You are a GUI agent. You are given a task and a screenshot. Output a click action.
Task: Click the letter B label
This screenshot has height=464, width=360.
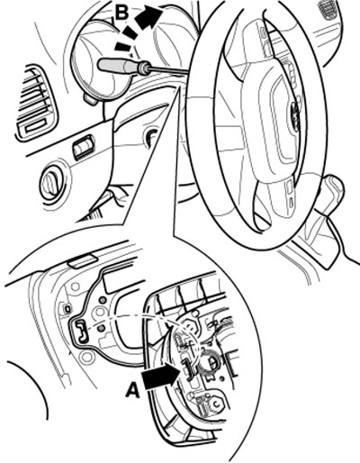pos(122,14)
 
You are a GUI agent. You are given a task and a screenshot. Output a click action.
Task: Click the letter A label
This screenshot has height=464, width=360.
pos(133,390)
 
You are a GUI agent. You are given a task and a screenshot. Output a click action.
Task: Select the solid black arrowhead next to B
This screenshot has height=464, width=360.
pos(148,17)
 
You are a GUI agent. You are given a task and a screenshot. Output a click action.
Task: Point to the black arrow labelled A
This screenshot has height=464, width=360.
pos(161,375)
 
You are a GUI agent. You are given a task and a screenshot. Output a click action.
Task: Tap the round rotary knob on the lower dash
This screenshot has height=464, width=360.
pos(51,184)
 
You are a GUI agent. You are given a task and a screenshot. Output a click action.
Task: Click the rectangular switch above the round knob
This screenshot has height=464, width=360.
pos(83,146)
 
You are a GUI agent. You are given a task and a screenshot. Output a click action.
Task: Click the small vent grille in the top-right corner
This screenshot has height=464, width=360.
pos(329,9)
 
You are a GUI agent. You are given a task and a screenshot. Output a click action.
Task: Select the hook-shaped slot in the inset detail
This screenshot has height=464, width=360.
pos(82,332)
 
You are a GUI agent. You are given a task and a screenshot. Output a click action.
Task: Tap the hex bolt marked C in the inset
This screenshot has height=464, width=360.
pos(215,405)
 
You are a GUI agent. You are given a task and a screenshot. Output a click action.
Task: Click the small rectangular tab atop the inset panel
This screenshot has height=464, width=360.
pos(83,260)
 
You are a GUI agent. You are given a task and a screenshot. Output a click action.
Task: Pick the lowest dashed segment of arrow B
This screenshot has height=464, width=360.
pos(122,47)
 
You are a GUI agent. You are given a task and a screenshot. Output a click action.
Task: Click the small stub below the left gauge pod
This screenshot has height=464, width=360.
pos(91,99)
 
